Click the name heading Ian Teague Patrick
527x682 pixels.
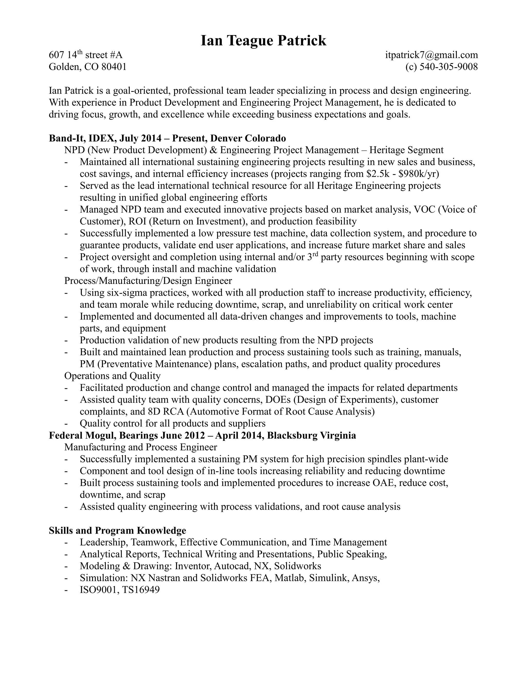tap(263, 41)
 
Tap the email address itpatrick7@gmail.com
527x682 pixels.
tap(432, 55)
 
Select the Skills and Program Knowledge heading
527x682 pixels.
tap(117, 530)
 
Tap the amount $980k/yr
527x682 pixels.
tap(419, 174)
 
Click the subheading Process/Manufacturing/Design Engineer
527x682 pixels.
tap(148, 281)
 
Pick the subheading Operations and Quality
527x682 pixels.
tap(112, 376)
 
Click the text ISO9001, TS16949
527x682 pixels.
tap(120, 590)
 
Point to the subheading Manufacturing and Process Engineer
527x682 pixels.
tap(140, 447)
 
